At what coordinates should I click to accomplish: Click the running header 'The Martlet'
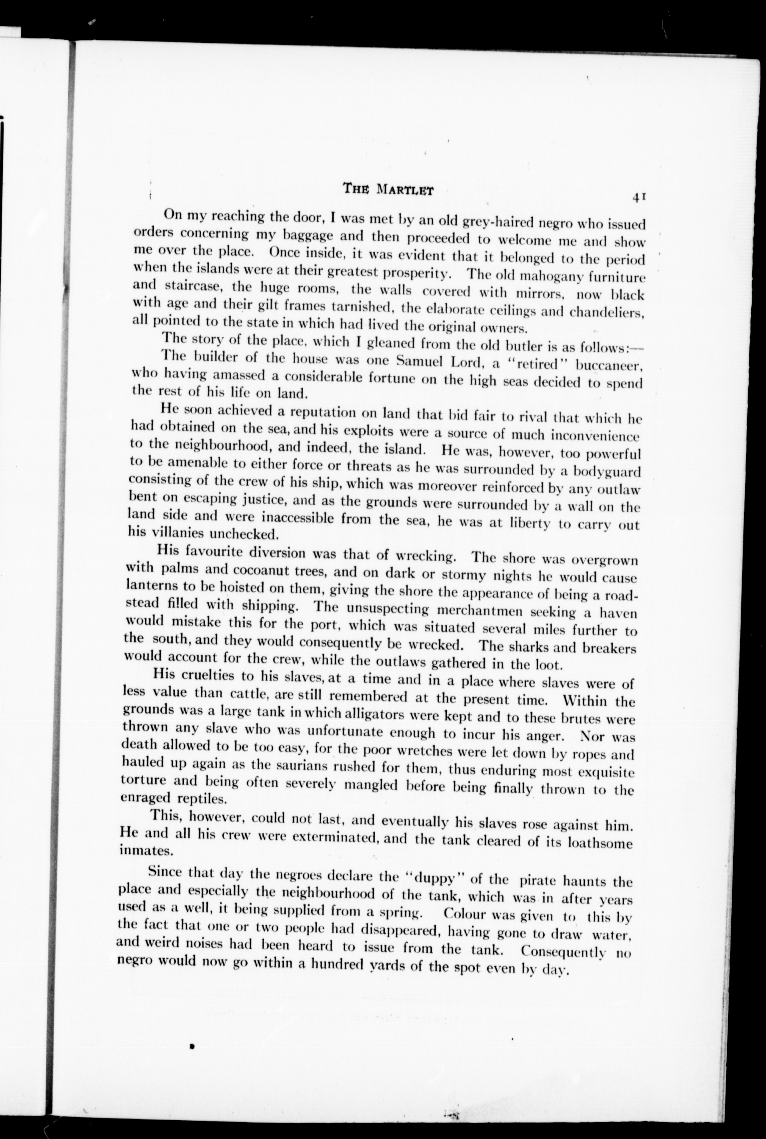[x=388, y=188]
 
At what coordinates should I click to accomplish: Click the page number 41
[x=640, y=197]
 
